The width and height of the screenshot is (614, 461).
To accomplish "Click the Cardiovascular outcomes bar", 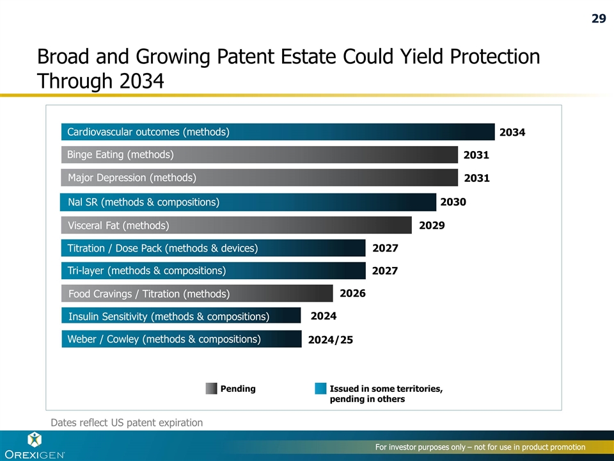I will pos(278,132).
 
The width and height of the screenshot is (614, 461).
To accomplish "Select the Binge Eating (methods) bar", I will pos(260,154).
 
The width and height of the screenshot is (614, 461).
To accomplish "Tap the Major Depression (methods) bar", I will pos(260,177).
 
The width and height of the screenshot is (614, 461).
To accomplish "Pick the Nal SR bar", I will pos(248,202).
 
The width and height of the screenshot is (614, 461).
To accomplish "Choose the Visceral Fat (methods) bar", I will pos(237,225).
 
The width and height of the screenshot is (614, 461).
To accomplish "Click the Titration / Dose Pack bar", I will pos(214,248).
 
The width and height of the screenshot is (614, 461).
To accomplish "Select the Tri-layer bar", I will pos(214,271).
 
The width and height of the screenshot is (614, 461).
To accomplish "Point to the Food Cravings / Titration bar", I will pos(198,294).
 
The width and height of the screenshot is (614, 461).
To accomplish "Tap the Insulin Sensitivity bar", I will pos(181,316).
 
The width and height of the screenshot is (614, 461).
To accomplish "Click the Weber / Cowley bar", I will pos(182,339).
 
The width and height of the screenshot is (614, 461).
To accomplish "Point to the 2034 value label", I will pos(512,133).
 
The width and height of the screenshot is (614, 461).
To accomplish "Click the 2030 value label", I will pos(453,202).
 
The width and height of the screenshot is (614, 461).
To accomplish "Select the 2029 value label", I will pos(432,225).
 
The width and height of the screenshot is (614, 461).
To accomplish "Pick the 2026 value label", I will pos(352,294).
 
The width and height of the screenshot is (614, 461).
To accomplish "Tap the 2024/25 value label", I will pos(330,340).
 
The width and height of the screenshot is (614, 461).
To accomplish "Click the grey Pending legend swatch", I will pos(211,389).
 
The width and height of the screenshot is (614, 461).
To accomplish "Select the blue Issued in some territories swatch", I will pos(320,389).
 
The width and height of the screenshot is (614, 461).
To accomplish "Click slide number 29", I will pos(598,19).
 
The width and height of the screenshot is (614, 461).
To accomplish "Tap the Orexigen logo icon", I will pos(34,439).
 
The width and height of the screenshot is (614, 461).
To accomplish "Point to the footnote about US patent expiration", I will pos(127,423).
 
